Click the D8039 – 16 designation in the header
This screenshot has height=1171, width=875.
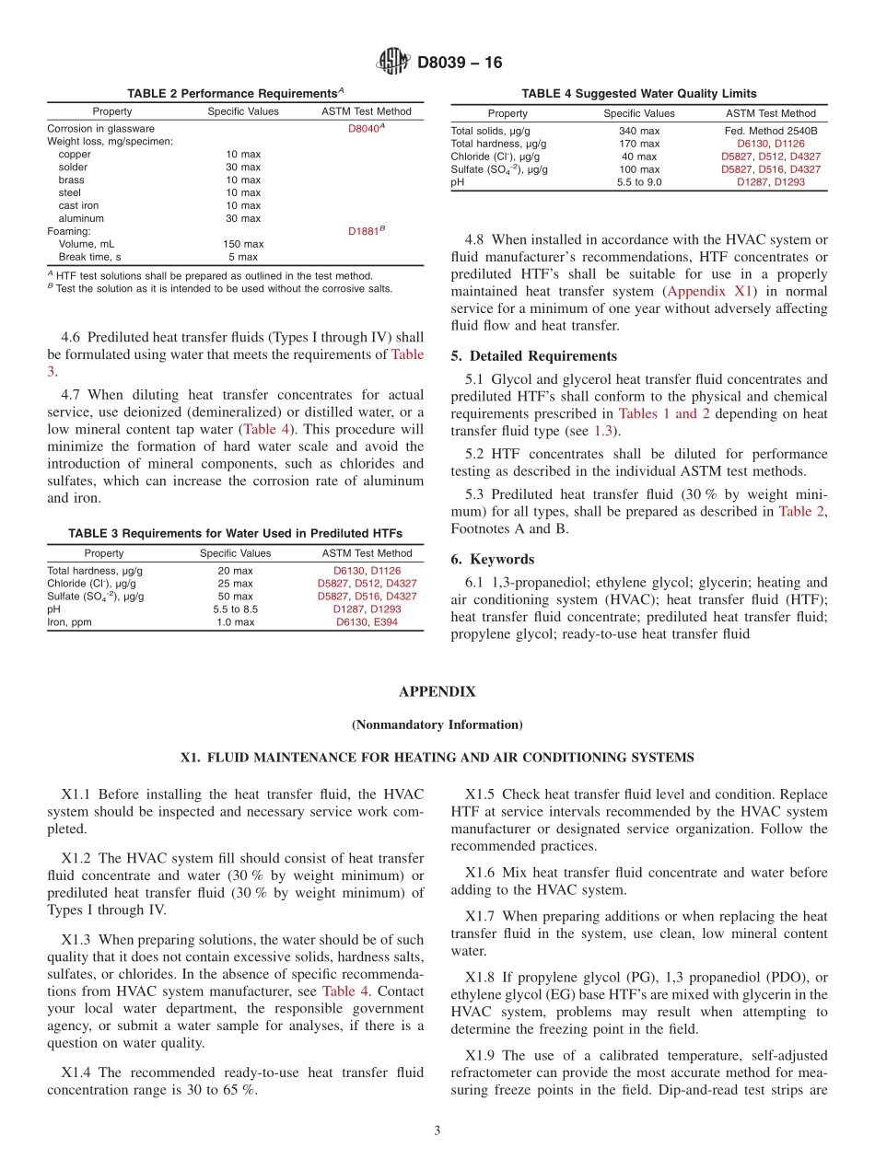[460, 64]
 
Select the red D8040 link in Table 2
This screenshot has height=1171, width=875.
[365, 129]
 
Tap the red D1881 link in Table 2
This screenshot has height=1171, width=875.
[365, 232]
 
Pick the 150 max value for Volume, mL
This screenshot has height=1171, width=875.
[243, 244]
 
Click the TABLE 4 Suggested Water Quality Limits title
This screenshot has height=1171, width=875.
[638, 93]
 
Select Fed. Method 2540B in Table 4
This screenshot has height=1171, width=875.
[771, 131]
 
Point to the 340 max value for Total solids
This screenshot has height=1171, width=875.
[638, 131]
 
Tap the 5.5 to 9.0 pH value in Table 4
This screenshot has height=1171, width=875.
[638, 182]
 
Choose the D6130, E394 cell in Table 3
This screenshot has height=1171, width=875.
[367, 622]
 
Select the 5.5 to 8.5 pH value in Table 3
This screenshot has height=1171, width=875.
[236, 609]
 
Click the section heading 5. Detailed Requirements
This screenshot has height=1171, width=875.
[534, 356]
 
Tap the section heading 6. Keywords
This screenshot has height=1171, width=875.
[493, 559]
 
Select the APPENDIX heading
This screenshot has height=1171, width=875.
[437, 691]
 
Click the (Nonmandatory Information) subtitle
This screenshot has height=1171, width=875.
[437, 725]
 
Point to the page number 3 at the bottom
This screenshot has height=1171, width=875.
[437, 1130]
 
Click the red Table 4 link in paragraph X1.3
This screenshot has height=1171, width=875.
[345, 991]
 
